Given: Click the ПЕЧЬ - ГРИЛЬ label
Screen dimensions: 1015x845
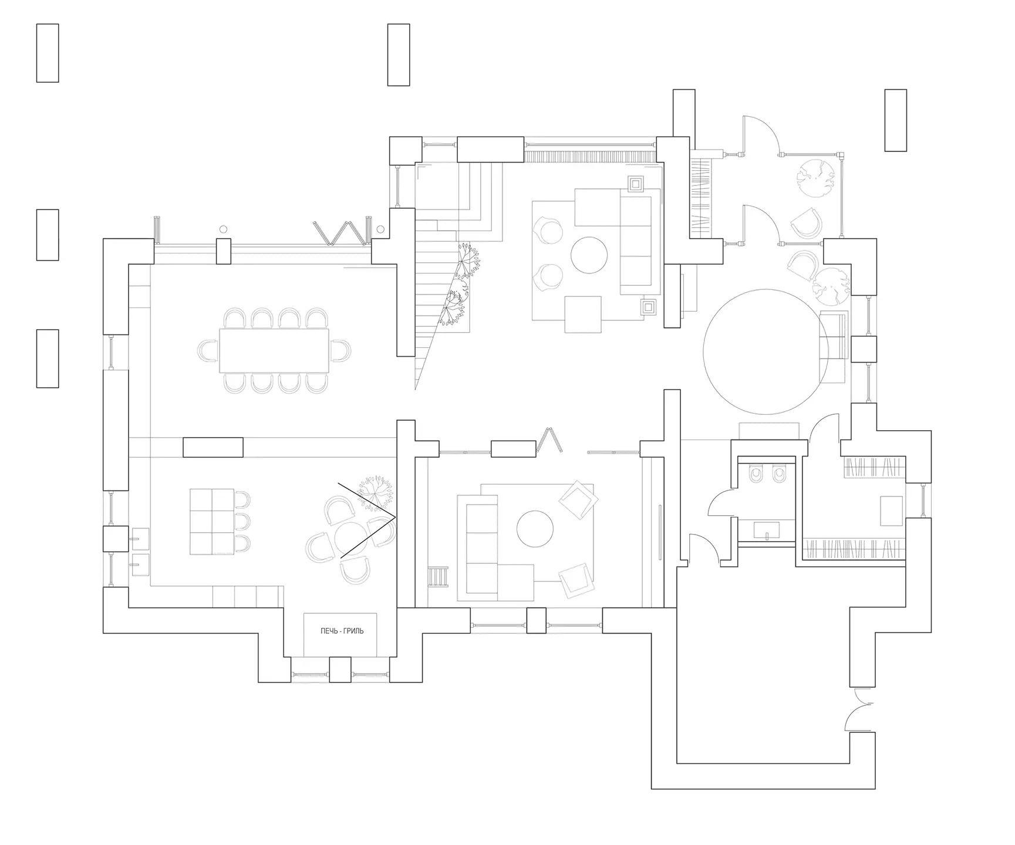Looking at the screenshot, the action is pos(342,631).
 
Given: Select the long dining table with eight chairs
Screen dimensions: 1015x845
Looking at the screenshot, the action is pos(274,350).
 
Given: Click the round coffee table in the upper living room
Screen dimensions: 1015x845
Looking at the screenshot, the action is pos(590,255).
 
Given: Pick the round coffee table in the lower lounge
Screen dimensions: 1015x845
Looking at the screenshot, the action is pos(535,529).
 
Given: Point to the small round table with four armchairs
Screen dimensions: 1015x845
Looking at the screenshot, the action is pos(350,538).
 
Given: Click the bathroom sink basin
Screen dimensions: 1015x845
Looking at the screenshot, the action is pos(766,530).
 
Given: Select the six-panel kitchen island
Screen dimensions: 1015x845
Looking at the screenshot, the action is pos(213,521).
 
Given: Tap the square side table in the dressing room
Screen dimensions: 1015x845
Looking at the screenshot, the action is pos(891,511).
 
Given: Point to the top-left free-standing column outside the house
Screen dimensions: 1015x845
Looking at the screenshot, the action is pos(48,53).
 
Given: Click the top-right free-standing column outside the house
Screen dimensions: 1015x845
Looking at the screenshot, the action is pos(895,120).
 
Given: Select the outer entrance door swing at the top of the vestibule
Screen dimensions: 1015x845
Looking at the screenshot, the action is pos(761,135).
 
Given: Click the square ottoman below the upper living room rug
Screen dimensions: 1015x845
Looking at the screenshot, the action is pos(583,315).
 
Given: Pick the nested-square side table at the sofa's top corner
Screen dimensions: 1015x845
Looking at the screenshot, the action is pos(636,184).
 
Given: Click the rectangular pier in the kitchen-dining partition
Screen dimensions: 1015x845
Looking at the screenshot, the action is pos(213,447).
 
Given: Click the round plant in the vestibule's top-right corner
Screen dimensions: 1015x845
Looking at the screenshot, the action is pos(815,178).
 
